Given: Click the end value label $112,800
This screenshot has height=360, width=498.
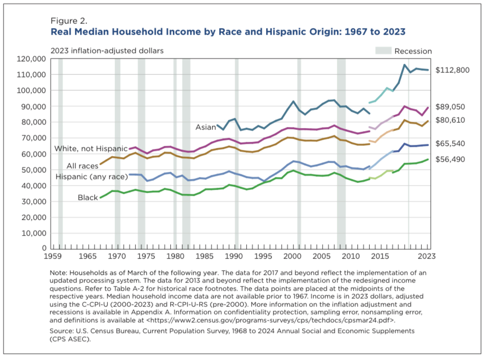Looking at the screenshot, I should [x=453, y=70].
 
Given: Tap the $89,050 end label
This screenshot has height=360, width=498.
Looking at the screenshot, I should [x=453, y=107].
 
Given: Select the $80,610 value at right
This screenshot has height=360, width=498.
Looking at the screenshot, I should [x=453, y=120].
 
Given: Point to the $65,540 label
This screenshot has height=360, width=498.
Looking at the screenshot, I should [x=453, y=144].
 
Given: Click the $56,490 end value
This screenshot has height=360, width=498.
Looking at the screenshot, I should [x=453, y=160].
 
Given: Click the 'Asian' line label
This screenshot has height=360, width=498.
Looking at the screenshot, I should [x=206, y=127].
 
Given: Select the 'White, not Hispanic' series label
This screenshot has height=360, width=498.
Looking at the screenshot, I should [x=91, y=148].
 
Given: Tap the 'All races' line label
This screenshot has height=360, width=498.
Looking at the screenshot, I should [x=83, y=166].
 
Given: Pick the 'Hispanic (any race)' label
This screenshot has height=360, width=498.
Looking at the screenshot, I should [x=90, y=176].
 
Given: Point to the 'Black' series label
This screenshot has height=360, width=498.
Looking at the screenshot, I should [x=88, y=197].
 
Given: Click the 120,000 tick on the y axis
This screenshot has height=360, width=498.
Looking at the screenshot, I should [x=32, y=59].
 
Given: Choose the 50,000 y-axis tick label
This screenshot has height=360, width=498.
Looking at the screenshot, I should [x=34, y=170].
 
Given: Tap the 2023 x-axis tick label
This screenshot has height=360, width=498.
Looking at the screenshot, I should [x=428, y=256].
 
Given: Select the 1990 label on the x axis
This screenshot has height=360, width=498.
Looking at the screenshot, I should [x=234, y=256].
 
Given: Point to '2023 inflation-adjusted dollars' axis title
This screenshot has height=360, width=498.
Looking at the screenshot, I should [x=107, y=50].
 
